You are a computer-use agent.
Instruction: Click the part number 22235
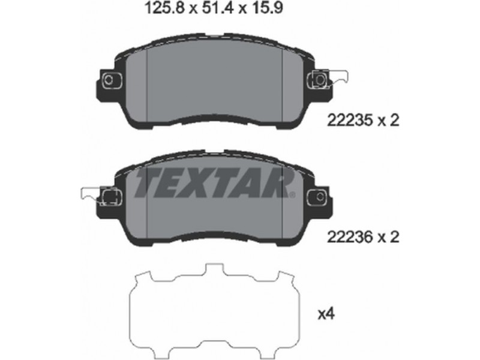[350, 121]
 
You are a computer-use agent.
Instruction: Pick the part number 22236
[350, 236]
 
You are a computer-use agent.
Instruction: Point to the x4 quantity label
[326, 314]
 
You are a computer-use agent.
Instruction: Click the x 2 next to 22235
[389, 121]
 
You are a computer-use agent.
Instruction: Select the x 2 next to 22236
[389, 236]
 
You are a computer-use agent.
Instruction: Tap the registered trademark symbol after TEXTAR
[292, 194]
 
